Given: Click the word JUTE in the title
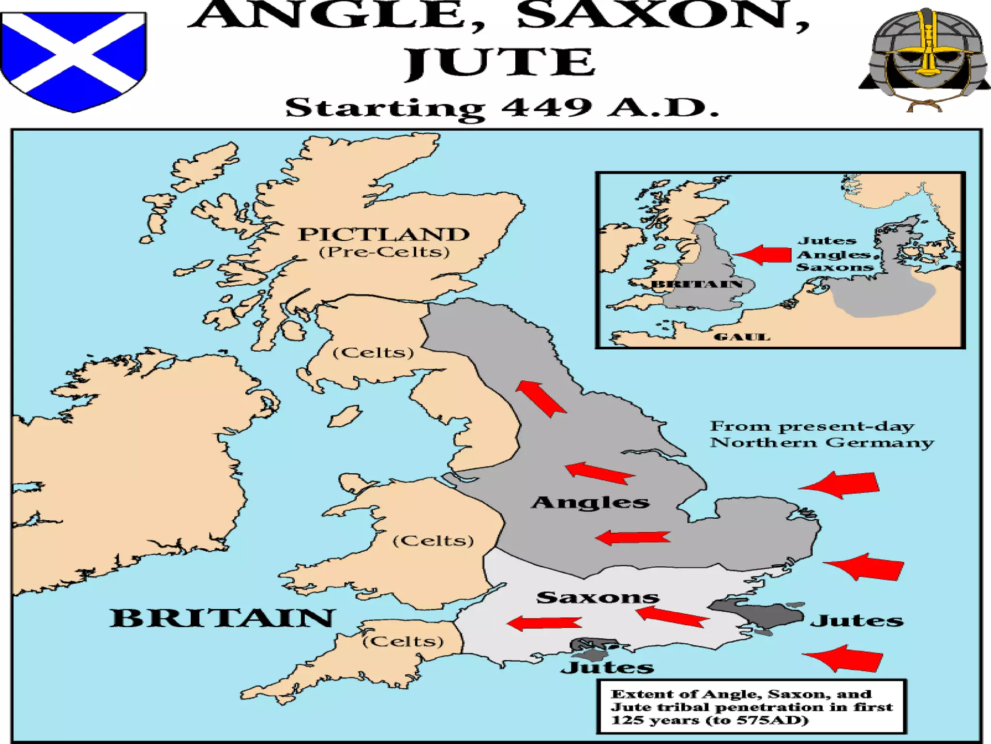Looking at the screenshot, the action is pyautogui.click(x=499, y=63).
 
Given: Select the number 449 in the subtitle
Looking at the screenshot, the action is pyautogui.click(x=547, y=107).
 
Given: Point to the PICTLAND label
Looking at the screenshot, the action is pyautogui.click(x=384, y=234).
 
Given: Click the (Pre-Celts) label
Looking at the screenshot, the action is pyautogui.click(x=384, y=252).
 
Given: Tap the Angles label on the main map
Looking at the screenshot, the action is pyautogui.click(x=590, y=502).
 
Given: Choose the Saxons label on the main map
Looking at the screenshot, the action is pyautogui.click(x=598, y=597).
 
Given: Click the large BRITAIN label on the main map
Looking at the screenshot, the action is pyautogui.click(x=222, y=618).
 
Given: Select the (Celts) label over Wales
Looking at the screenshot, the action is pyautogui.click(x=433, y=541).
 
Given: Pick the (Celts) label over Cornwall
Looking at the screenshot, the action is pyautogui.click(x=403, y=641).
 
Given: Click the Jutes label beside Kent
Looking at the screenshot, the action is pyautogui.click(x=856, y=620).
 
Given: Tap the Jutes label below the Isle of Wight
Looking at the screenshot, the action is pyautogui.click(x=607, y=667).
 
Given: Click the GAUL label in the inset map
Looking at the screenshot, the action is pyautogui.click(x=742, y=337).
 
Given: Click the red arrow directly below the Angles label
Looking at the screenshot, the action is pyautogui.click(x=633, y=537).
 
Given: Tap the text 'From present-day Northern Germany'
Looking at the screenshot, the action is pyautogui.click(x=821, y=434).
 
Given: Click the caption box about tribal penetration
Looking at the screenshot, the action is pyautogui.click(x=751, y=707).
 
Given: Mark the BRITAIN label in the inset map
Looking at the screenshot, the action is pyautogui.click(x=697, y=284).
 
